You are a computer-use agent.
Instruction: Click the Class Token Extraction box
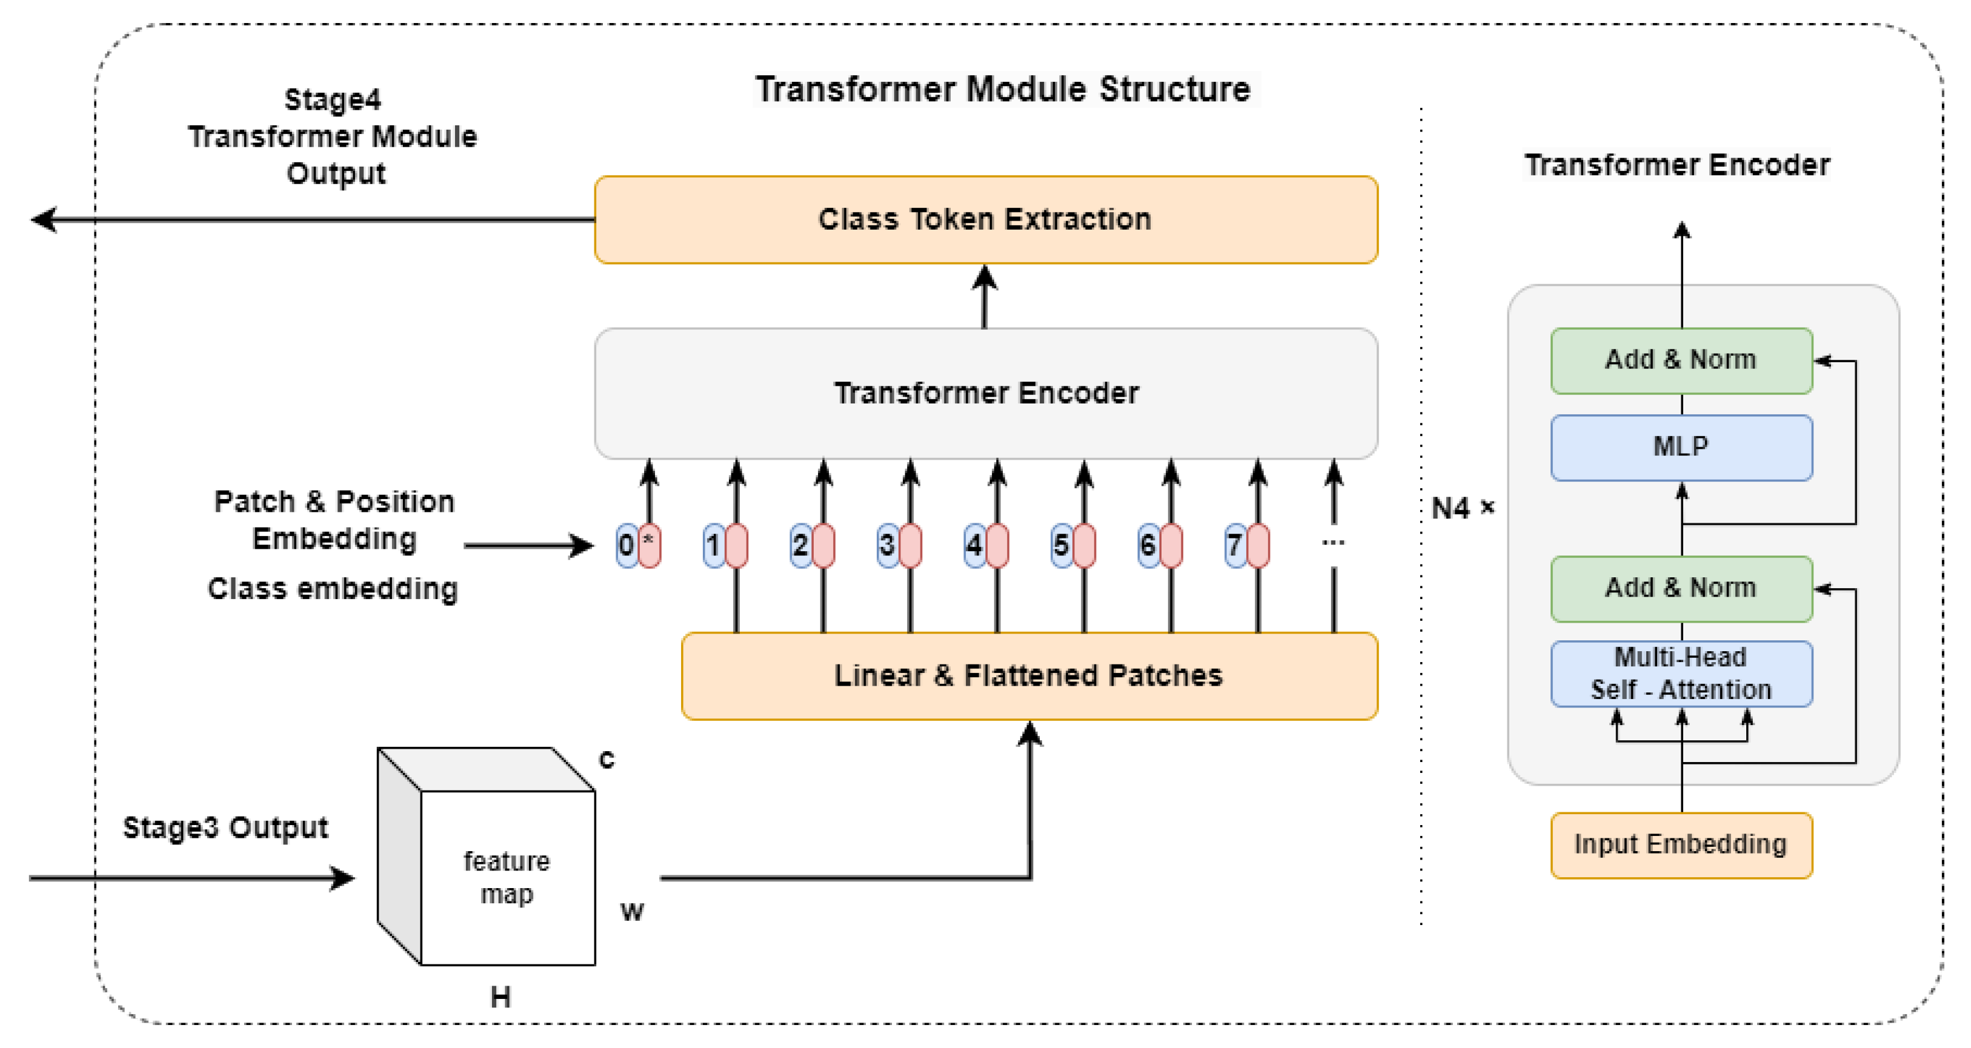pos(985,219)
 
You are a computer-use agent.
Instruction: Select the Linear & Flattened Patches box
pos(1028,675)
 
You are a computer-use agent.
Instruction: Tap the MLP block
pos(1680,446)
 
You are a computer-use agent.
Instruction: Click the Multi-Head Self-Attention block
pos(1680,673)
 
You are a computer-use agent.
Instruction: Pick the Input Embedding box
pos(1680,844)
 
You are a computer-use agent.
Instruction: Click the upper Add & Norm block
pos(1680,360)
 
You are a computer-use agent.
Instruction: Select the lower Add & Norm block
pos(1680,588)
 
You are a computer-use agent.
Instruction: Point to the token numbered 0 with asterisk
pos(638,545)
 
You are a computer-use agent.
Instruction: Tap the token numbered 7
pos(1246,545)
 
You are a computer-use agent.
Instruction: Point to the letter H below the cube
pos(500,997)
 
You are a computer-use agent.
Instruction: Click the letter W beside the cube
pos(632,911)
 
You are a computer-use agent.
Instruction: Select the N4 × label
pos(1461,508)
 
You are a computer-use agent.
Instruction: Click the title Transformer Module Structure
pos(1002,90)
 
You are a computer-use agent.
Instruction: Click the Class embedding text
pos(333,589)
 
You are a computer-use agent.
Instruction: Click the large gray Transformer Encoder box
pos(985,393)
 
